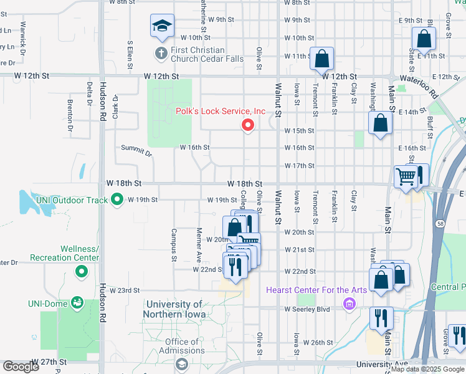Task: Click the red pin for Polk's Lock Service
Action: (248, 125)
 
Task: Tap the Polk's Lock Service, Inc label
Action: (221, 112)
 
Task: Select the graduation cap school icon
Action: (161, 26)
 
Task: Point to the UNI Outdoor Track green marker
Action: (117, 200)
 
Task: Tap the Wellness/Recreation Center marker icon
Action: (81, 272)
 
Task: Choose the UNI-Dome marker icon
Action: (78, 303)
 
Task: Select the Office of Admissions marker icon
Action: (181, 363)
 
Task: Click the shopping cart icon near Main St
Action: (406, 177)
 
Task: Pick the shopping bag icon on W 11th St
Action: (322, 59)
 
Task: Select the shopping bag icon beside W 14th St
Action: (380, 123)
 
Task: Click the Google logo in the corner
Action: (21, 367)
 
